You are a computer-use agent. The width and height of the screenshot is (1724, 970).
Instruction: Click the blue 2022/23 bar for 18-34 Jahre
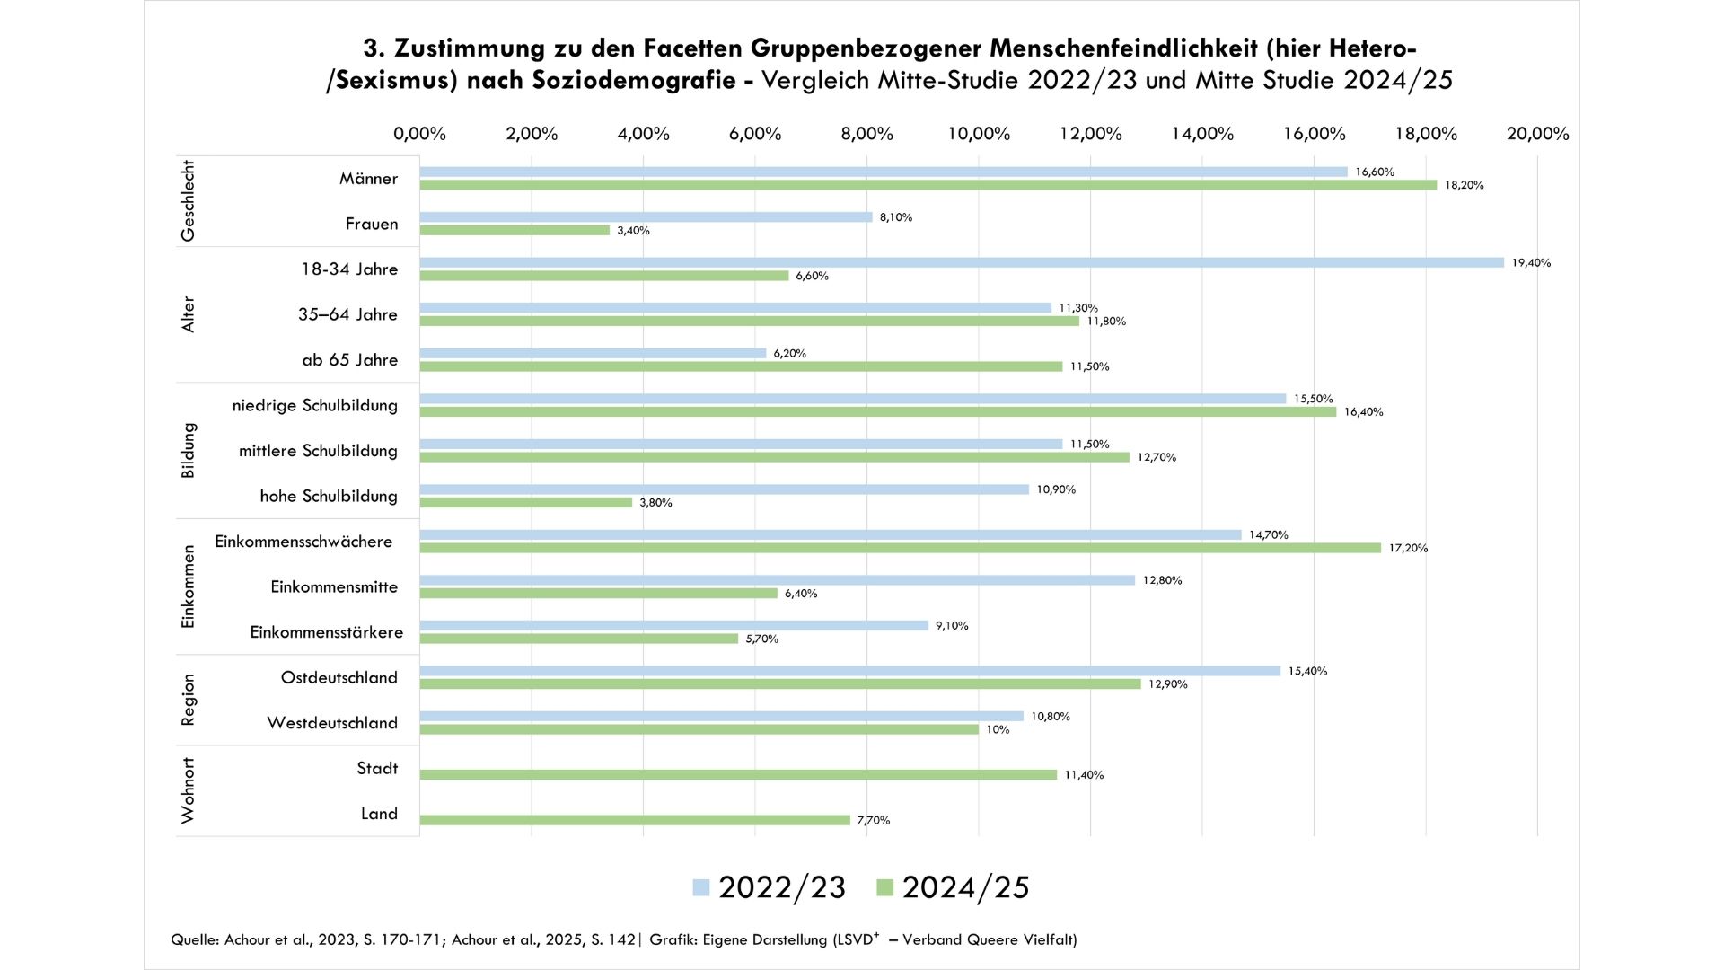(961, 262)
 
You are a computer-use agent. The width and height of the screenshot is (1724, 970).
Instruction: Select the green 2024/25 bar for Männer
(928, 185)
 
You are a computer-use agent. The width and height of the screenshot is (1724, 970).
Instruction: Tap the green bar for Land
(634, 820)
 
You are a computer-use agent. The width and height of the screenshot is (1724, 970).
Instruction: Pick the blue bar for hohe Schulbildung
(724, 489)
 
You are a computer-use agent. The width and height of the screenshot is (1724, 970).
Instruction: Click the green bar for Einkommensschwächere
(900, 548)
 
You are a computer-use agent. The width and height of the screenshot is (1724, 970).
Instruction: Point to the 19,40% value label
(1531, 263)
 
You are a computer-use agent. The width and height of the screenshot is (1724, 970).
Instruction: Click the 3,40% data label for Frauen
(633, 231)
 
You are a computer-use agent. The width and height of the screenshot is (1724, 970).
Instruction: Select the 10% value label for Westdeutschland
(998, 730)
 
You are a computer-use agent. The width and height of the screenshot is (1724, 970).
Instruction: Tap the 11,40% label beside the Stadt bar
(1084, 775)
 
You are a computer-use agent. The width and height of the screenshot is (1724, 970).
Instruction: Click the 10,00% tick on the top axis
(979, 134)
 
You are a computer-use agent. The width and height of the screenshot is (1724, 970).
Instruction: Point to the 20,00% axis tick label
(1537, 134)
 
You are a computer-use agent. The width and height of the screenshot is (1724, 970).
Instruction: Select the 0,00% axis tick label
(419, 134)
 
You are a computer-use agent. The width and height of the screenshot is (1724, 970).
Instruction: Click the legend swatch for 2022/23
(701, 887)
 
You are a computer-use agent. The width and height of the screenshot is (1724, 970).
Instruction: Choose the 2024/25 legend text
(965, 887)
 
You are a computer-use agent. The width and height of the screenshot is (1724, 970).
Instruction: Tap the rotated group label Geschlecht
(188, 201)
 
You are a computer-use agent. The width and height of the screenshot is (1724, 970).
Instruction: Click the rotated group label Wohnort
(188, 790)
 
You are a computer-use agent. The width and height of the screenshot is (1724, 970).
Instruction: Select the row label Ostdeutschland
(339, 678)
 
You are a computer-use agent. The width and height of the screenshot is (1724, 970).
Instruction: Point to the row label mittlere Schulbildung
(318, 451)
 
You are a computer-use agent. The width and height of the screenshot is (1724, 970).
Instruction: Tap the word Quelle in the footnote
(194, 939)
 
